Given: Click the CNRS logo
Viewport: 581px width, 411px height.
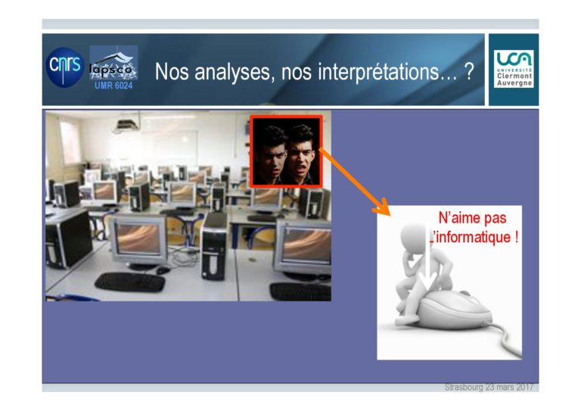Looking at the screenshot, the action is [65, 67].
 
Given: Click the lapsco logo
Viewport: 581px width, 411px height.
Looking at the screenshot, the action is [113, 63].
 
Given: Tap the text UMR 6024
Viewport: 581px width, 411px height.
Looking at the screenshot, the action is [113, 86].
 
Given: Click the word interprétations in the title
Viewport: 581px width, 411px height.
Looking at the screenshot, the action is [383, 71].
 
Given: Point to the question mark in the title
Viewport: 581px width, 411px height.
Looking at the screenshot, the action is [469, 71].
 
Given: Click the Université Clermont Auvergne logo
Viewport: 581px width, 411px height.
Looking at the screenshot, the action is [514, 69].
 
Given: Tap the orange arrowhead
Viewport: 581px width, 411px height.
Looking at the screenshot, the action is [381, 207].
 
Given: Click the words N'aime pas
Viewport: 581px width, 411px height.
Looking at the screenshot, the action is [472, 218].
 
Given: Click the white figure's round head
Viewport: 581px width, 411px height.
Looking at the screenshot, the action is [415, 237].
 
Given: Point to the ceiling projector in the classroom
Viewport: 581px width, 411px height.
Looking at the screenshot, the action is [127, 124].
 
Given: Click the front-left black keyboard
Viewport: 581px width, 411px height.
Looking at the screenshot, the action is [130, 282].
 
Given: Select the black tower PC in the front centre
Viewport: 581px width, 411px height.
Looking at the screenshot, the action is [214, 247].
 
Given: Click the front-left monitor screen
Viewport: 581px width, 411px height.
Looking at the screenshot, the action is [138, 239].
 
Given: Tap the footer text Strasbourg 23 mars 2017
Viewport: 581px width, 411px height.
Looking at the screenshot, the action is [489, 388].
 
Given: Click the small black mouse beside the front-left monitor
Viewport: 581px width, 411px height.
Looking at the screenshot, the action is [163, 269].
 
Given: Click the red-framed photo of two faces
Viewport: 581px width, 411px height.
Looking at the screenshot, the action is [286, 151].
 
